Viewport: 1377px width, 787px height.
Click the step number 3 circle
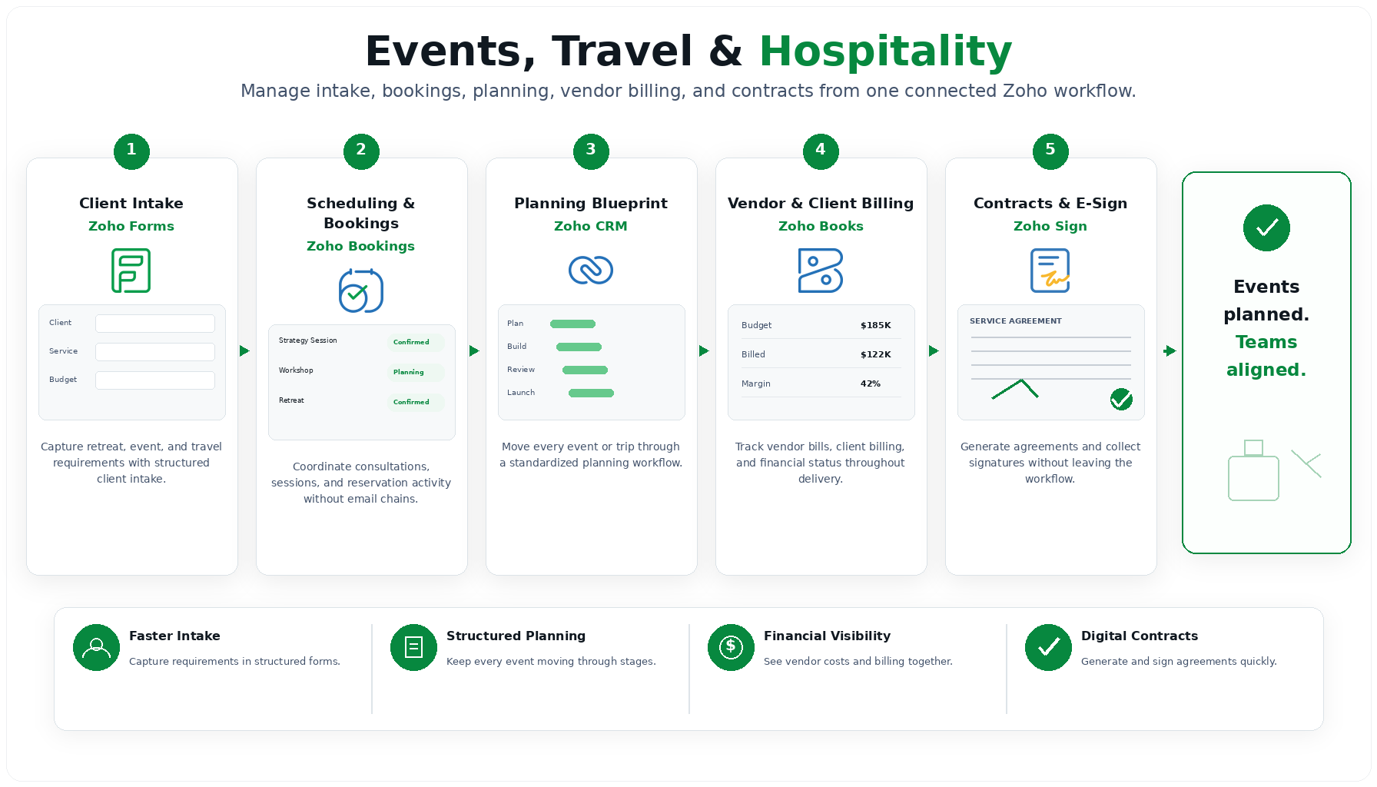pyautogui.click(x=591, y=151)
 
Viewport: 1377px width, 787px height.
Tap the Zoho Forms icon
pyautogui.click(x=131, y=271)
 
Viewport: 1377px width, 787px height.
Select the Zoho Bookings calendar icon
pyautogui.click(x=361, y=291)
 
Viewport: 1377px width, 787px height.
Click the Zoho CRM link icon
pyautogui.click(x=591, y=270)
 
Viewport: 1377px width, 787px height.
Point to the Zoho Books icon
pyautogui.click(x=821, y=271)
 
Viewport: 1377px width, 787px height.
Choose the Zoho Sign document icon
pyautogui.click(x=1050, y=271)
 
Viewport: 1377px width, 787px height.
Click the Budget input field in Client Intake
pyautogui.click(x=155, y=380)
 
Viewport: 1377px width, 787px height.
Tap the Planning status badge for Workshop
pyautogui.click(x=416, y=372)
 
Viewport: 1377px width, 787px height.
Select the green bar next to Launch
pyautogui.click(x=591, y=393)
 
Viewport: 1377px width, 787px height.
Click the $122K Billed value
pyautogui.click(x=876, y=354)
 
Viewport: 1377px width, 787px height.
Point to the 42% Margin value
pyautogui.click(x=871, y=384)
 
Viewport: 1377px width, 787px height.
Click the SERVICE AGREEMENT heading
pyautogui.click(x=1016, y=321)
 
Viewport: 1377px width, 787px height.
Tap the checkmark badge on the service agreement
pyautogui.click(x=1121, y=399)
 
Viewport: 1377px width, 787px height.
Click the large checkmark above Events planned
pyautogui.click(x=1266, y=227)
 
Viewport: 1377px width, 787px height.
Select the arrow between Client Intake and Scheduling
pyautogui.click(x=244, y=351)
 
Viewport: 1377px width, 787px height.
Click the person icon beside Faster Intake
pyautogui.click(x=96, y=647)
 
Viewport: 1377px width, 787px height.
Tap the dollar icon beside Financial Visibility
pyautogui.click(x=731, y=647)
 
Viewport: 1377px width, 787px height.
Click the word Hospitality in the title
pyautogui.click(x=886, y=51)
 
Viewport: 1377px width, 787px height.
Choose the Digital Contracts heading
pyautogui.click(x=1140, y=636)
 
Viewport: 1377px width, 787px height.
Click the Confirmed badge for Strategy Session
pyautogui.click(x=416, y=342)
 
